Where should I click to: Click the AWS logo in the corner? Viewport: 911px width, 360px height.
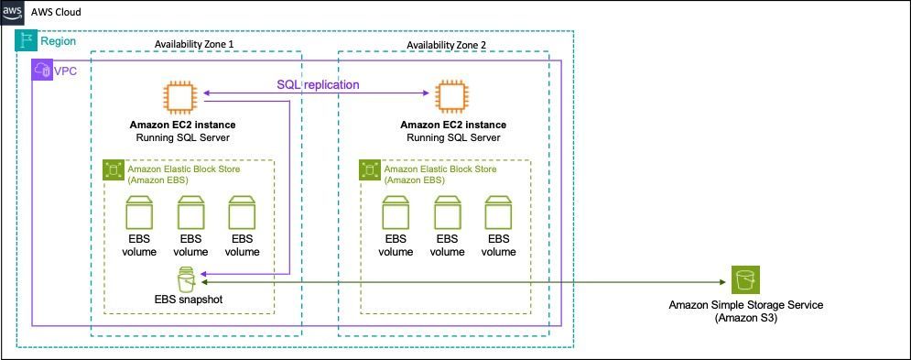pos(12,12)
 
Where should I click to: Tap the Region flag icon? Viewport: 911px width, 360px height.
pos(26,40)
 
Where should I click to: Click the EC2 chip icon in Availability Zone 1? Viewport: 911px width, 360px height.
pos(180,96)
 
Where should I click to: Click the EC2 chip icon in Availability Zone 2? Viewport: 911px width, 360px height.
pos(453,96)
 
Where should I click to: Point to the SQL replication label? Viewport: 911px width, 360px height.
pos(317,84)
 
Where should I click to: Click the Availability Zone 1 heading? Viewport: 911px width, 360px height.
pos(195,45)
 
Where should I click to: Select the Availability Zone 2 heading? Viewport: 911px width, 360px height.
pos(447,45)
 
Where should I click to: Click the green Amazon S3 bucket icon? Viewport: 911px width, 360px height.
pos(745,279)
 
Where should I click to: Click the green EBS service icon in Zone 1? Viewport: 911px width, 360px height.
pos(113,169)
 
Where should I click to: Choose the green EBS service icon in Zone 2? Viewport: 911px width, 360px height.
pos(370,169)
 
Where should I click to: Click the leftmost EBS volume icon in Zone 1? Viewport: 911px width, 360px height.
pos(139,212)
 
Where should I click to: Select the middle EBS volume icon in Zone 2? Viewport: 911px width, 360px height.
pos(447,212)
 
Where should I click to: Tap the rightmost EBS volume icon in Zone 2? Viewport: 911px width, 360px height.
pos(498,212)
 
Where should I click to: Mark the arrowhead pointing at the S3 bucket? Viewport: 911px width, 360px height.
pos(722,282)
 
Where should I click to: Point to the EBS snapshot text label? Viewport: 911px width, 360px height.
pos(189,300)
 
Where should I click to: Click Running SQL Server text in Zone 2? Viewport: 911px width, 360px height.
pos(453,138)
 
